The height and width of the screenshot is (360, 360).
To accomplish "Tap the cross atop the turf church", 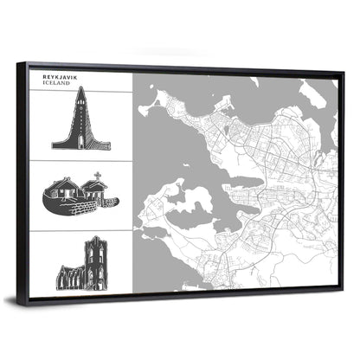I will tap(97, 178).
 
